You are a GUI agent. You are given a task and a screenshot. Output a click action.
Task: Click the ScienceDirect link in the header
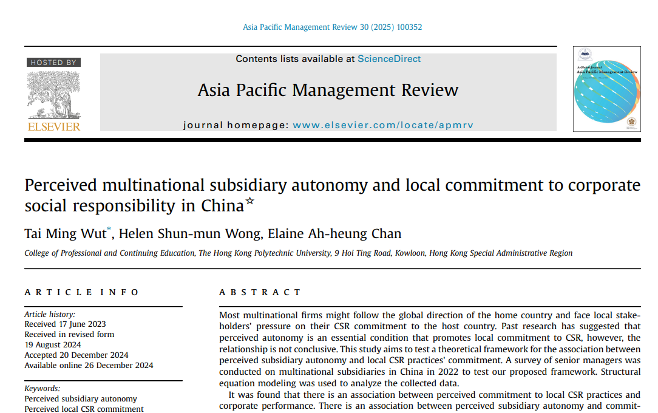389,59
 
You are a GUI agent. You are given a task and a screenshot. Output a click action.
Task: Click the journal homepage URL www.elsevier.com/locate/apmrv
383,125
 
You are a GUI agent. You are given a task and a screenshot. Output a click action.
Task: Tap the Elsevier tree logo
54,94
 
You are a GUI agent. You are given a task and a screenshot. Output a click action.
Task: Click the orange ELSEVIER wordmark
54,126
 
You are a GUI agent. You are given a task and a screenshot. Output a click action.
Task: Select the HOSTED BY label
54,63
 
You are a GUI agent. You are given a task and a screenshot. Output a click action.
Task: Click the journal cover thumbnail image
606,89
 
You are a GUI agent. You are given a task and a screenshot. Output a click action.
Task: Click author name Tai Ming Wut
65,234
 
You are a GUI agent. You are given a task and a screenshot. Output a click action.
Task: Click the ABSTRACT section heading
260,292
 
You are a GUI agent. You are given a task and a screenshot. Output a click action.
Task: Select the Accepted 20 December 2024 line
76,355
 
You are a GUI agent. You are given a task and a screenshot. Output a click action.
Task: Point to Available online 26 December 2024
89,365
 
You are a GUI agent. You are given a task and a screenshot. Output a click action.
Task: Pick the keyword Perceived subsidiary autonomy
81,399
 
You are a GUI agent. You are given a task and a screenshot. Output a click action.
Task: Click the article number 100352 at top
410,27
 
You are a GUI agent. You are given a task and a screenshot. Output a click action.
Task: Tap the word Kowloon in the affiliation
410,253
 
